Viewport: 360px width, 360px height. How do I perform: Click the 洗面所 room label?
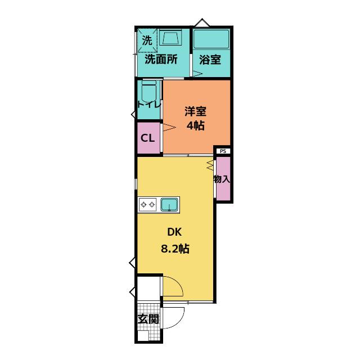[161, 60]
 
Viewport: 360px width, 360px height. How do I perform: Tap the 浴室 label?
[210, 60]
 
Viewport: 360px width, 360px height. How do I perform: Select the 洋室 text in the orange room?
[195, 111]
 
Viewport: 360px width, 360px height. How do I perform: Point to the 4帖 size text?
[195, 125]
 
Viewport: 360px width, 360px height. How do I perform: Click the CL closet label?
[147, 138]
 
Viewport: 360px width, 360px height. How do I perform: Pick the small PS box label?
[223, 151]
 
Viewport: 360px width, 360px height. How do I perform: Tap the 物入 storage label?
[222, 179]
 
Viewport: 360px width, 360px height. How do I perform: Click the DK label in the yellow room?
[174, 232]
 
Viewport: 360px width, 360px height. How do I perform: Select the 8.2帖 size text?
[175, 249]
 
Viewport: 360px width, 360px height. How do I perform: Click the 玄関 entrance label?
[148, 319]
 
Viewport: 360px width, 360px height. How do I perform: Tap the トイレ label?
[149, 105]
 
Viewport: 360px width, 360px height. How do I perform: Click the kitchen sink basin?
[169, 205]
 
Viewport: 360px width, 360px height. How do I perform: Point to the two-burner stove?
[148, 204]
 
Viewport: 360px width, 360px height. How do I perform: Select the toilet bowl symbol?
[148, 91]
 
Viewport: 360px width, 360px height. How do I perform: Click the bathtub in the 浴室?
[211, 39]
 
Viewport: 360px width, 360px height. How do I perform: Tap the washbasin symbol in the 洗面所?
[170, 38]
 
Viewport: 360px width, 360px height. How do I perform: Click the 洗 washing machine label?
[147, 40]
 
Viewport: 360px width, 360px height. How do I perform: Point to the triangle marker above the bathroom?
[202, 22]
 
